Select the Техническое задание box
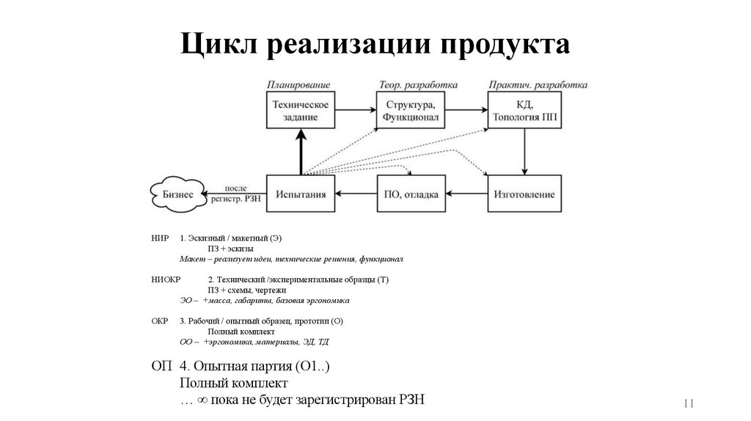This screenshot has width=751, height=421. [x=301, y=110]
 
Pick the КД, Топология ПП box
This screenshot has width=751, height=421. [x=524, y=110]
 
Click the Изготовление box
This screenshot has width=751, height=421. [x=524, y=194]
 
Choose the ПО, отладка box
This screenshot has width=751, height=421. [x=411, y=194]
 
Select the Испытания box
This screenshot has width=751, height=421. [x=301, y=194]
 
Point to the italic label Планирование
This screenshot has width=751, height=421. [x=298, y=85]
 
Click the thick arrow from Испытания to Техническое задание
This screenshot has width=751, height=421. [x=301, y=152]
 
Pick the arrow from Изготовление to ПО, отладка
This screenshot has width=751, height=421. [x=468, y=194]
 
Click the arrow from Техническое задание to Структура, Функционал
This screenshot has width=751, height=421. [x=356, y=110]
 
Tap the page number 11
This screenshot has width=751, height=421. [x=689, y=403]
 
